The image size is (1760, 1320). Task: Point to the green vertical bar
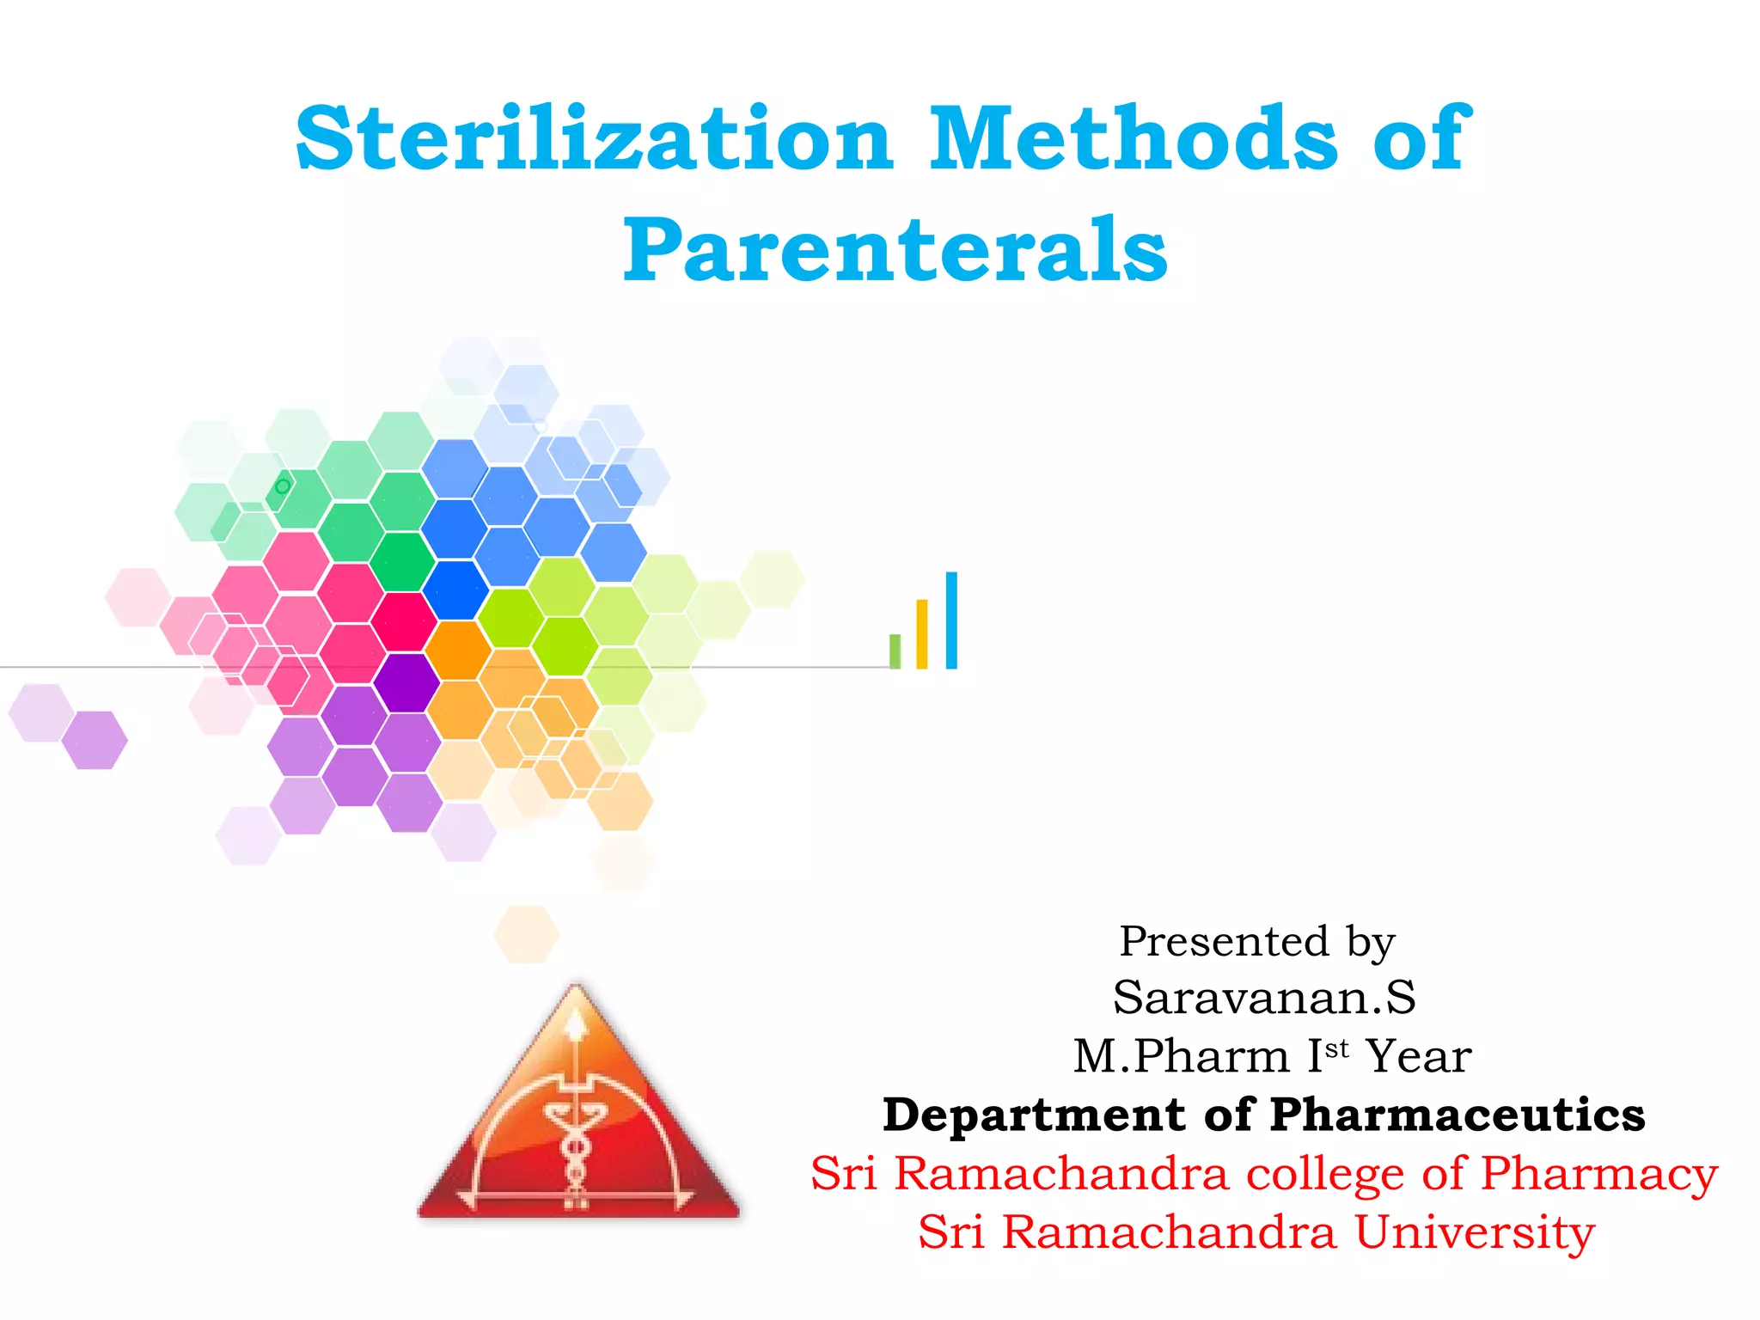point(895,651)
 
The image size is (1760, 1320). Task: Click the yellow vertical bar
point(922,633)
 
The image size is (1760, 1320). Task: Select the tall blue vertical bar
point(951,620)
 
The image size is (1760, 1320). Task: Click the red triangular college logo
point(578,1117)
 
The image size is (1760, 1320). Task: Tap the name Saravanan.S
point(1263,998)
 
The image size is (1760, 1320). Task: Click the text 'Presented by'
point(1257,941)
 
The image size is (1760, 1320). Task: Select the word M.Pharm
point(1182,1056)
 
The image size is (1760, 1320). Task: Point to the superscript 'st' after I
point(1337,1048)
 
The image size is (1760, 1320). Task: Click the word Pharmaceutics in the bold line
point(1457,1115)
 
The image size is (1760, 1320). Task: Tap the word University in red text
point(1475,1232)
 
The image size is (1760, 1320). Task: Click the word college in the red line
point(1324,1173)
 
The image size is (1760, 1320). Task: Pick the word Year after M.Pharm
point(1419,1056)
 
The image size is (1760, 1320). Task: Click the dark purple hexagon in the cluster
point(406,683)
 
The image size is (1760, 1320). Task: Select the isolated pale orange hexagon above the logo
point(526,933)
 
